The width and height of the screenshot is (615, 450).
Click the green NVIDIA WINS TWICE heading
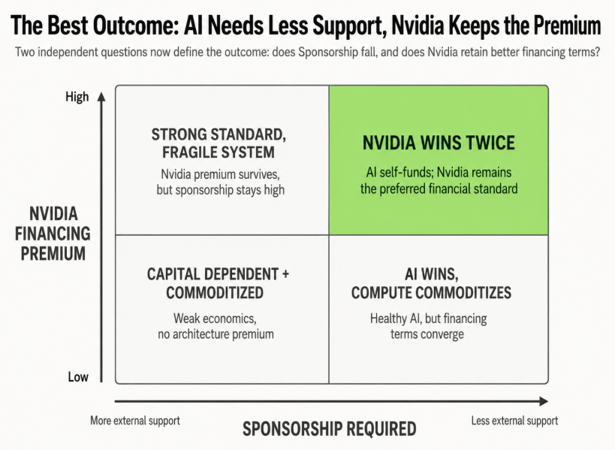439,143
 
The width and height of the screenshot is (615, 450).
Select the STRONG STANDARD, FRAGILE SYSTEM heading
219,143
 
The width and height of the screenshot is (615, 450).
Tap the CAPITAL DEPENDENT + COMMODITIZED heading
218,283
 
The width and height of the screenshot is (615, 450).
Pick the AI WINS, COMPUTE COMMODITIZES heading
431,283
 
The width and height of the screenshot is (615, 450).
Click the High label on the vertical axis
77,97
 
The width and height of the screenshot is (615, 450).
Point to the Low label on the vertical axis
78,377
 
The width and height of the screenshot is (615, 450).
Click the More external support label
135,421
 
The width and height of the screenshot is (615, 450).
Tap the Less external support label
514,421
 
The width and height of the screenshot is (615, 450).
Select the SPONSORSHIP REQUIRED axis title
329,429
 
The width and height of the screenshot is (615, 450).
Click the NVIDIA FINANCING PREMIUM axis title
53,234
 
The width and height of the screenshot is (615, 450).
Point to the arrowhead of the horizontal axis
544,401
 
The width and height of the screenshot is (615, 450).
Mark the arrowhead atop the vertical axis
101,97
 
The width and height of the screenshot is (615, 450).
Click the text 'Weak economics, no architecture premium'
216,326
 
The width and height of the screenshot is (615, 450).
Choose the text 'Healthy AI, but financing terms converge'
428,326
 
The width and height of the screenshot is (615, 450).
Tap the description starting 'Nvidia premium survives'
221,182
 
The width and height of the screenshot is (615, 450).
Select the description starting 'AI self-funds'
439,180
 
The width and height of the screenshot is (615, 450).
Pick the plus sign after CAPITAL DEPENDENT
285,274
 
